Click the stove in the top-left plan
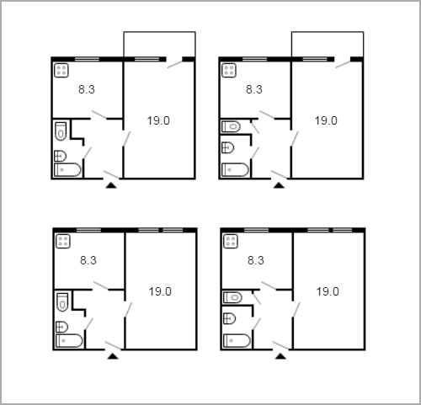tap(61, 71)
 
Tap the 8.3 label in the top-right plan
tap(254, 89)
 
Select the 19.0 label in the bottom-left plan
tap(160, 291)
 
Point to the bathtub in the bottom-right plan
tap(237, 341)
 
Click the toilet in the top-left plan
tap(61, 131)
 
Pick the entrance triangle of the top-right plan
tap(279, 185)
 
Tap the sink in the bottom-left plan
tap(62, 327)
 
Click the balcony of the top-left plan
tap(160, 44)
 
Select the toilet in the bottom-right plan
tap(232, 297)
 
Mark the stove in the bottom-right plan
tap(231, 242)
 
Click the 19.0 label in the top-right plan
tap(326, 120)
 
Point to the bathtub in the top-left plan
tap(67, 170)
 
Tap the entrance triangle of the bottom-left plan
tap(113, 356)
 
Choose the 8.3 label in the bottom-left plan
tap(88, 260)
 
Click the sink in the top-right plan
tap(228, 147)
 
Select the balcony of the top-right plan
tap(328, 44)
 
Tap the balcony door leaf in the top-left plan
tap(175, 64)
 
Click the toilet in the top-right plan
tap(231, 126)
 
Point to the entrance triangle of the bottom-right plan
tap(280, 356)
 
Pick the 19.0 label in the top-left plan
tap(158, 120)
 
